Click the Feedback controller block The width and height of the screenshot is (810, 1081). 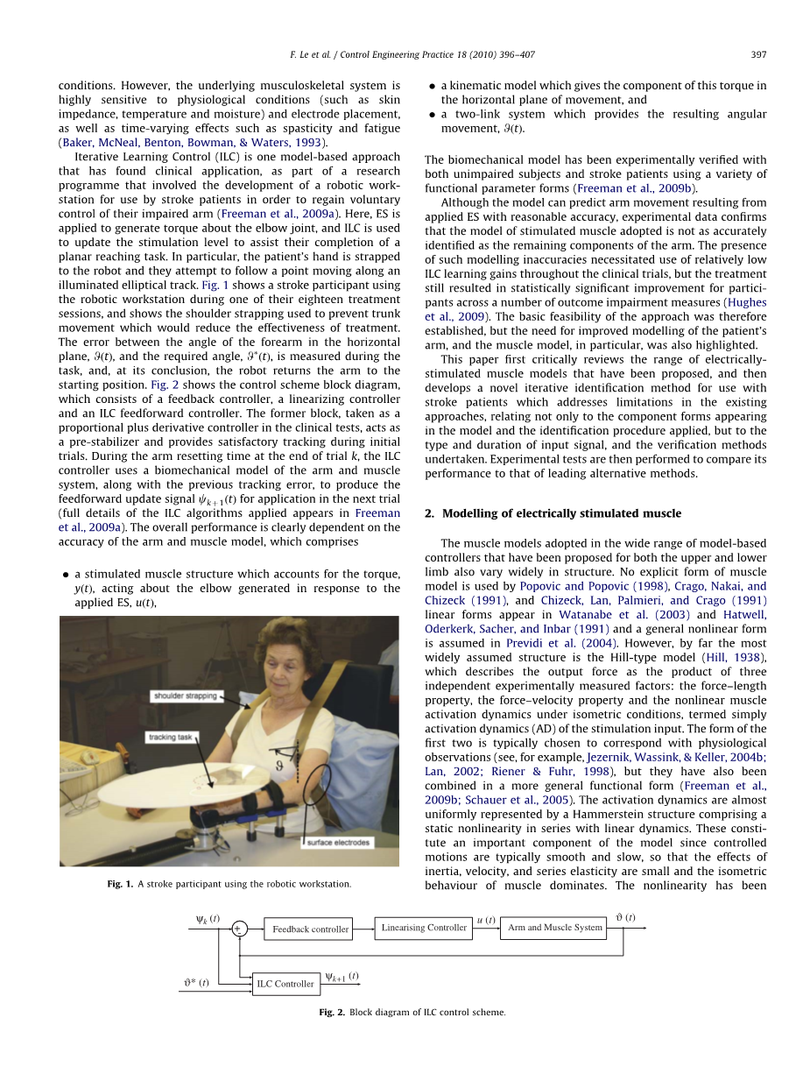(x=310, y=929)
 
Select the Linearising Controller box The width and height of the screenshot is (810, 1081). (x=424, y=928)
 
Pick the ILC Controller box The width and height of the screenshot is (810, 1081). (x=285, y=984)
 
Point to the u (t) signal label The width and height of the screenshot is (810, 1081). (x=485, y=919)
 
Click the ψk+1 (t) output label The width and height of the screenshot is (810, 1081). (x=342, y=976)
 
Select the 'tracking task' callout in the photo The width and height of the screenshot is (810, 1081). (x=170, y=738)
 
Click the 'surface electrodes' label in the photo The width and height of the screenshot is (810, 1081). (x=338, y=843)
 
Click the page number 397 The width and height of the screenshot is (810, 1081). (x=758, y=54)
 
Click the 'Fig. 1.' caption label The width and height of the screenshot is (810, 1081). (x=120, y=884)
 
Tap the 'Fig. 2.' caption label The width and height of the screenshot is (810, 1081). (x=332, y=1012)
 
